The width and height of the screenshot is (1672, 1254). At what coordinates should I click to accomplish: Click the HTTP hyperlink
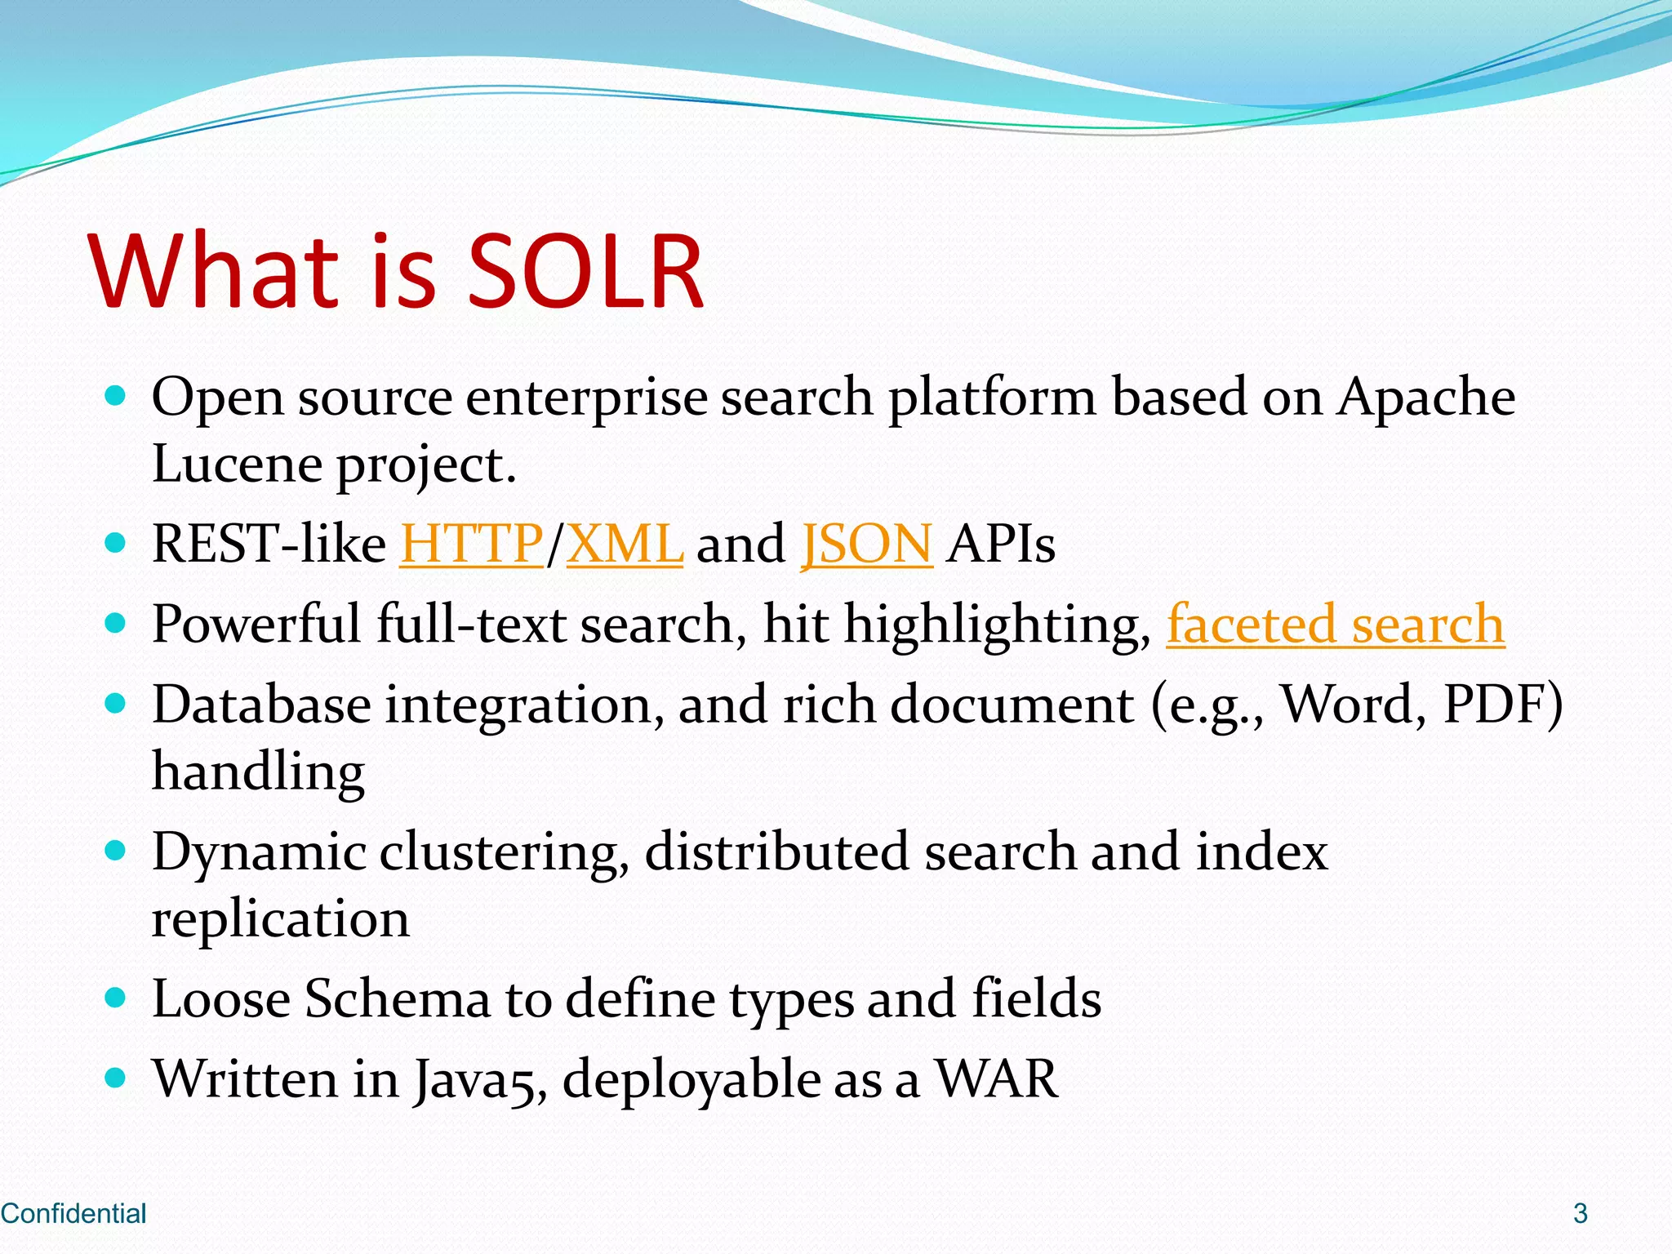point(472,544)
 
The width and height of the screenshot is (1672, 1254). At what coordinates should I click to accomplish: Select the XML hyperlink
point(625,544)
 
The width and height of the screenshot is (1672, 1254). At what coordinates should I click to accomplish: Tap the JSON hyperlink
point(866,544)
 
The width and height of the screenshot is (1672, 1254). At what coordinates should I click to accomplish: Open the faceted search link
point(1335,625)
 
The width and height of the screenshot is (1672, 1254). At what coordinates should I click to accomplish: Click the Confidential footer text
point(73,1213)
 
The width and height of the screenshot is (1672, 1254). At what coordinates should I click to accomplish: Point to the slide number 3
point(1580,1213)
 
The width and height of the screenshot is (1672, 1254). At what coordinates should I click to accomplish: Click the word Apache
point(1425,397)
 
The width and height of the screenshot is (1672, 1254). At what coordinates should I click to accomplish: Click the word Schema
point(397,998)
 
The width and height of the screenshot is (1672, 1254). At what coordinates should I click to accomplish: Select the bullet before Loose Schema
point(116,997)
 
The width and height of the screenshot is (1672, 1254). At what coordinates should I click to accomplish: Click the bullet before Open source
point(116,396)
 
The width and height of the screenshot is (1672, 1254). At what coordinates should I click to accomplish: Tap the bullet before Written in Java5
point(116,1078)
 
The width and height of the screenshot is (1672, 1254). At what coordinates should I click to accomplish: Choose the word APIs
point(1000,544)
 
